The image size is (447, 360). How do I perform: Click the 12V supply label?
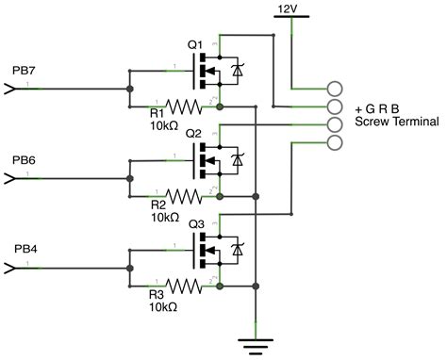click(289, 8)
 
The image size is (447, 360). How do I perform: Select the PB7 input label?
click(25, 71)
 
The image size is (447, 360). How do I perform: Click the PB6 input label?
click(25, 160)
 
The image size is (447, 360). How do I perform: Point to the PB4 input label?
click(25, 250)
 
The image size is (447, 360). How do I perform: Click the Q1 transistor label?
click(195, 43)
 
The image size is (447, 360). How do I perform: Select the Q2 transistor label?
click(195, 133)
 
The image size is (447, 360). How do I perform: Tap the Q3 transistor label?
click(195, 223)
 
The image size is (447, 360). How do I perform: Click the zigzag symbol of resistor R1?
click(186, 106)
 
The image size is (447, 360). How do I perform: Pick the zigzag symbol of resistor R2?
click(186, 196)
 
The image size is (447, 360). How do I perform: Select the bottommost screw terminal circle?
click(334, 142)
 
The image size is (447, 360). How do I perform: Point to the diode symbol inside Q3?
click(236, 251)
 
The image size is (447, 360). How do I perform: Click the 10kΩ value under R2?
click(166, 216)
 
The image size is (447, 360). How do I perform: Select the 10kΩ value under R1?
click(166, 125)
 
